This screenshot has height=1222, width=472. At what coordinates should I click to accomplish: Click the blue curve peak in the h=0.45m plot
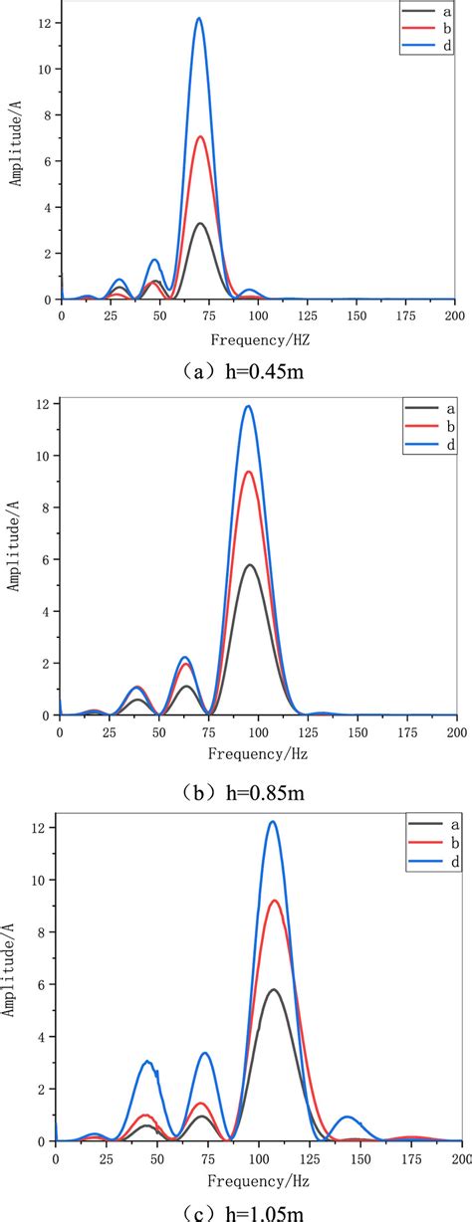[x=199, y=18]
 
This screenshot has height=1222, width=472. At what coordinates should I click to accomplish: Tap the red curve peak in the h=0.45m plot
[x=200, y=136]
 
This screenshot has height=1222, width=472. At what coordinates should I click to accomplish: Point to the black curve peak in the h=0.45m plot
[x=200, y=223]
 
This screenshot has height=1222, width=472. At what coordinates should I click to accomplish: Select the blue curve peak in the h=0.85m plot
[x=248, y=406]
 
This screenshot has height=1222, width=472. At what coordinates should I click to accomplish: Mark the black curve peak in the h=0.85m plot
[x=250, y=565]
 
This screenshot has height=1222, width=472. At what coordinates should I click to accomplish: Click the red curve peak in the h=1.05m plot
[x=275, y=901]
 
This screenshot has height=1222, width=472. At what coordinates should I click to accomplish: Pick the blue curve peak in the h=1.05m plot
[x=273, y=822]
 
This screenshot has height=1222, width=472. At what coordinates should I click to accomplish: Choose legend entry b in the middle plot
[x=439, y=428]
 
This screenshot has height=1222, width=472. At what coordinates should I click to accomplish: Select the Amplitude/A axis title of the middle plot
[x=13, y=554]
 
